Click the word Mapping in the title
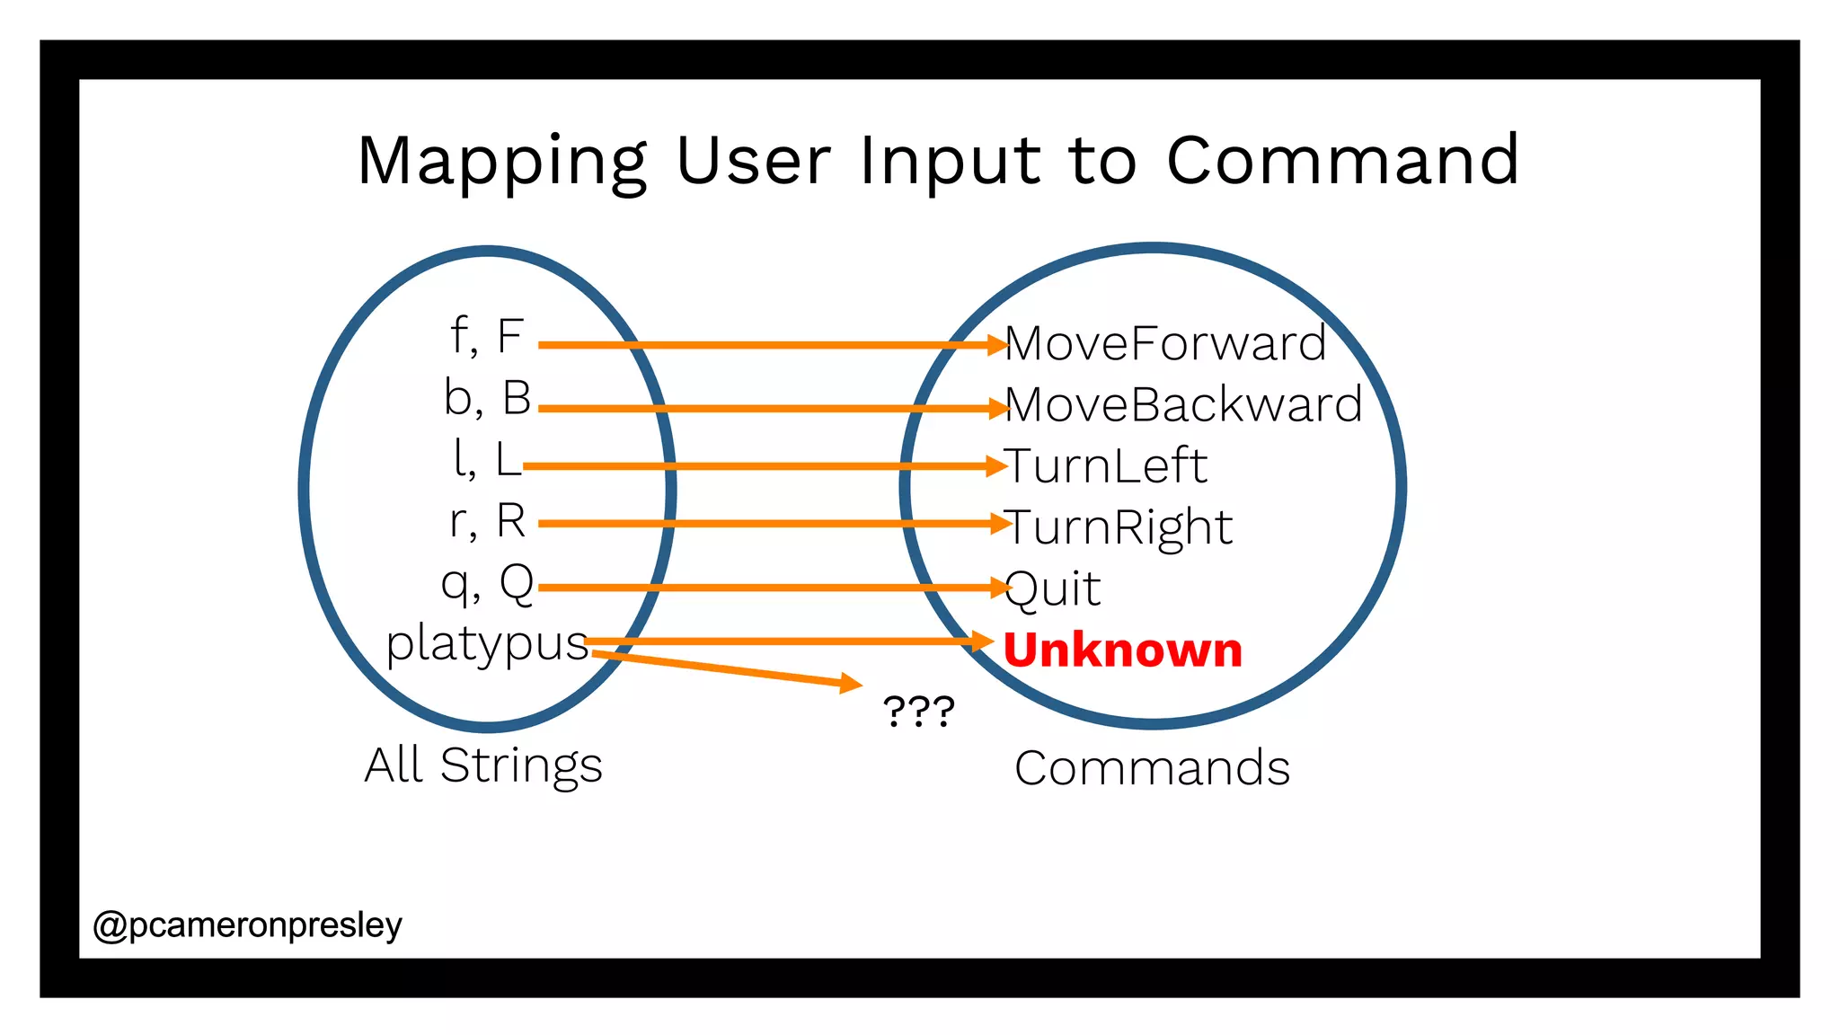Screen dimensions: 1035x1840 click(x=501, y=162)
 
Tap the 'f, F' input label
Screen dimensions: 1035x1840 click(x=487, y=336)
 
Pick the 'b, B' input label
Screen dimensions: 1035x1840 click(x=488, y=398)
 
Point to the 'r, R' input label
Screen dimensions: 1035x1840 click(x=488, y=521)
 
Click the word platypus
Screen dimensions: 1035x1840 click(x=487, y=644)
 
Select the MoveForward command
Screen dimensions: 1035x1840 click(x=1165, y=343)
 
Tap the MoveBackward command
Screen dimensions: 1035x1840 click(x=1183, y=404)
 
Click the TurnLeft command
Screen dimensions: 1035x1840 click(x=1106, y=465)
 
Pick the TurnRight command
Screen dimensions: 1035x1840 click(x=1119, y=527)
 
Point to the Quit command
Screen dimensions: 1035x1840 click(x=1053, y=589)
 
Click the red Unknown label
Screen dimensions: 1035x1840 click(x=1122, y=650)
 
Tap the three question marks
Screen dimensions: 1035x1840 click(x=918, y=712)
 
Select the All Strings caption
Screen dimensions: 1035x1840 click(x=483, y=765)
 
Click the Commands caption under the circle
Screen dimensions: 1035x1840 click(x=1152, y=768)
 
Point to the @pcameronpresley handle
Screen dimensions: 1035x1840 click(x=248, y=924)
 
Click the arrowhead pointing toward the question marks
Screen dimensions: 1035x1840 click(x=849, y=684)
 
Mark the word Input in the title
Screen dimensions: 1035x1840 click(x=951, y=162)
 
